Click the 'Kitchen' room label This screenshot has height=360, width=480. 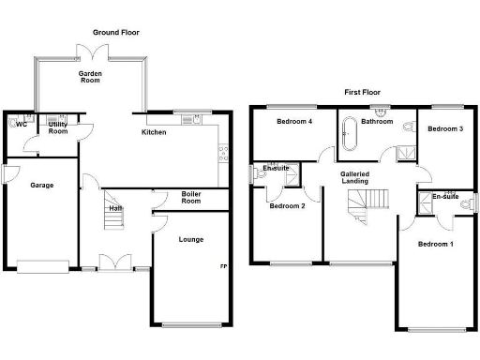[154, 132]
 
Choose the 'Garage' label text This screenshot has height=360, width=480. [40, 185]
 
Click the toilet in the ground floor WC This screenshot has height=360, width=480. [18, 122]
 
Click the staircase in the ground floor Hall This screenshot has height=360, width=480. [112, 217]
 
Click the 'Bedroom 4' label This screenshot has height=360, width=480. [293, 121]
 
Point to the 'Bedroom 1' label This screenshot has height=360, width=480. [435, 244]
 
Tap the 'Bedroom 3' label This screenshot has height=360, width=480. [446, 128]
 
